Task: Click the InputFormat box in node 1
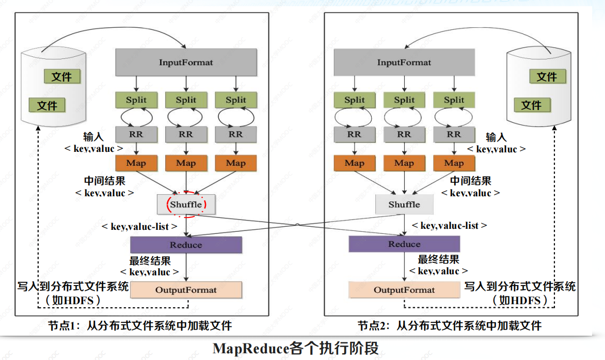coord(186,62)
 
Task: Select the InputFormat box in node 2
coord(404,62)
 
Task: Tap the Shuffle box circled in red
coord(186,205)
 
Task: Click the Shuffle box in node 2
coord(404,205)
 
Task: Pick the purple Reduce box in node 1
coord(186,245)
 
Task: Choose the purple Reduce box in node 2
coord(404,244)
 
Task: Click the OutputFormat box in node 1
coord(186,290)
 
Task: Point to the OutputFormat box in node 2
coord(404,290)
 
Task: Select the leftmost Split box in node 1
coord(136,100)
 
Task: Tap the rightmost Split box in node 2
coord(454,100)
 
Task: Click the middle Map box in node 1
coord(186,163)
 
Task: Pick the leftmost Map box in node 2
coord(355,163)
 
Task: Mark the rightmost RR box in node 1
coord(236,134)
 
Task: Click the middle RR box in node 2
coord(404,134)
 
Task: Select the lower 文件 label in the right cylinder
coord(531,105)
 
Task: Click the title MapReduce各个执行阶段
coord(296,348)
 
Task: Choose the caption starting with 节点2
coord(450,326)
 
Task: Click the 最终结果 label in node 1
coord(150,261)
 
